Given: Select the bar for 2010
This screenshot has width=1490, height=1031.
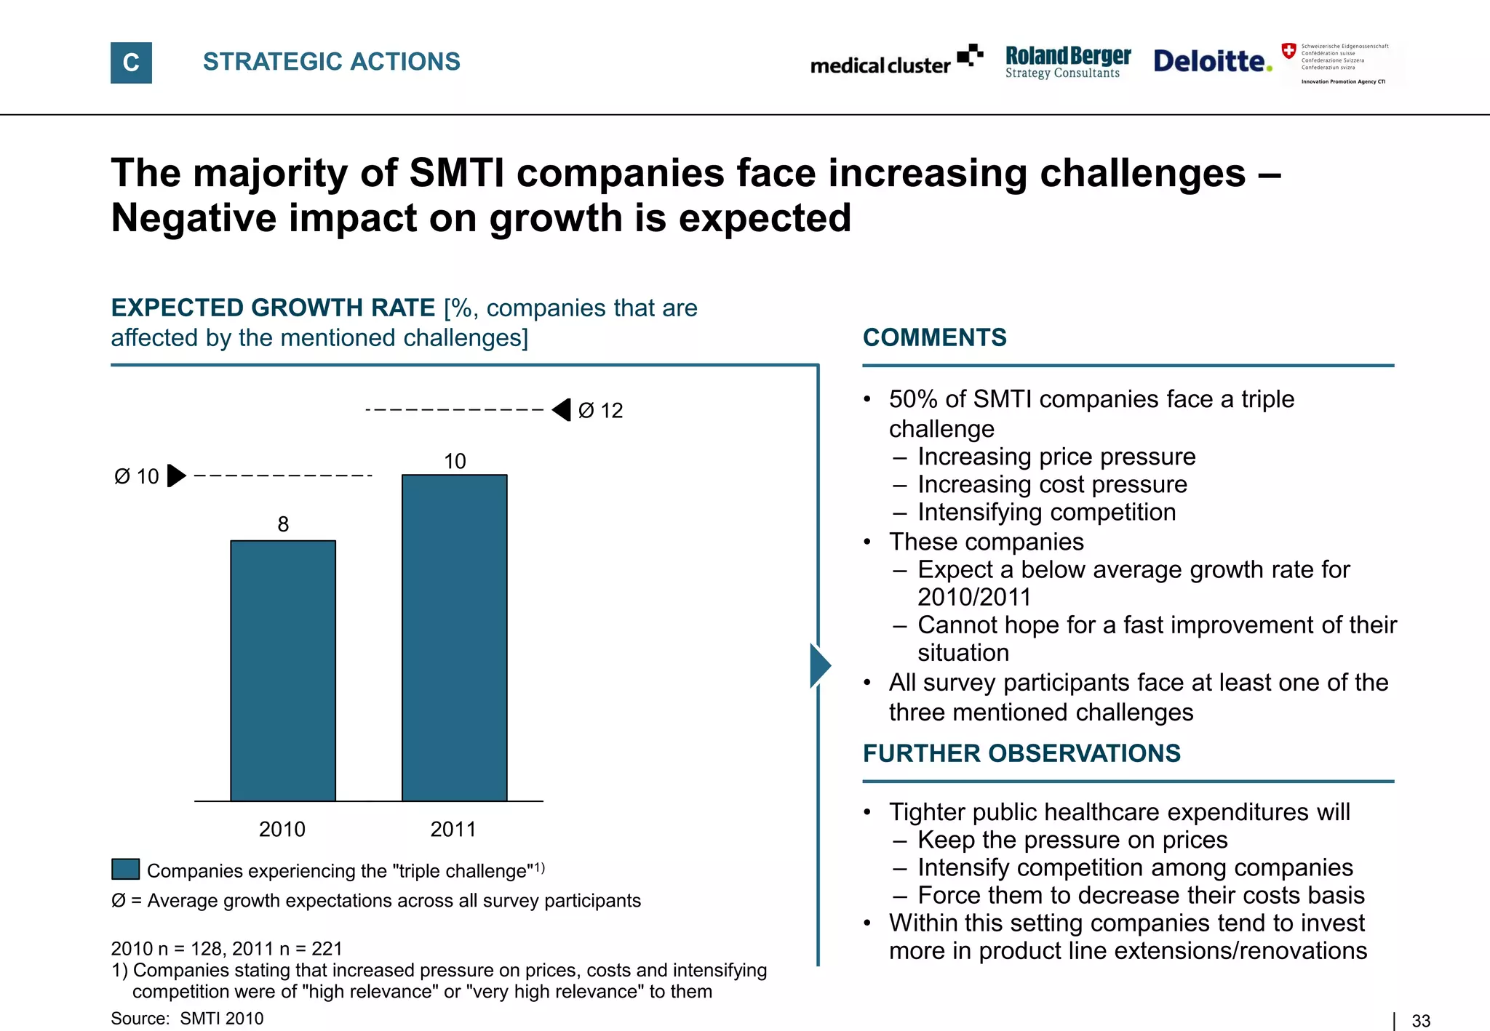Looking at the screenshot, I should pyautogui.click(x=283, y=670).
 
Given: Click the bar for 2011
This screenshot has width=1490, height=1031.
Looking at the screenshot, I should pyautogui.click(x=454, y=638).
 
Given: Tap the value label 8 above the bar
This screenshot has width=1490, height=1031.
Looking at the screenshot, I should pyautogui.click(x=283, y=524).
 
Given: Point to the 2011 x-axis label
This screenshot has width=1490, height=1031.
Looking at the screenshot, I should pyautogui.click(x=453, y=829).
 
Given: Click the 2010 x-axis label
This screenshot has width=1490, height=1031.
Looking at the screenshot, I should pyautogui.click(x=282, y=829).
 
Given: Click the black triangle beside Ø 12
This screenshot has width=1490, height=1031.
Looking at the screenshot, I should pyautogui.click(x=562, y=410).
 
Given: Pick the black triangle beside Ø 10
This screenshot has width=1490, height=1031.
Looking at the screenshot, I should pyautogui.click(x=176, y=476).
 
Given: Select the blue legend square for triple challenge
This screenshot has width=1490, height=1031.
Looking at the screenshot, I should pyautogui.click(x=125, y=870).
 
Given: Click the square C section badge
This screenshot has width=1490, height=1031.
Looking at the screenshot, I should pyautogui.click(x=131, y=63).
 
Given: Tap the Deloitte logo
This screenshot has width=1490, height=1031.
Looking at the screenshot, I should pyautogui.click(x=1213, y=61).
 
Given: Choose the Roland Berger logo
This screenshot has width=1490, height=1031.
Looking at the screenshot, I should pyautogui.click(x=1067, y=62).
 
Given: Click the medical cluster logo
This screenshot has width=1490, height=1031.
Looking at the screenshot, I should pyautogui.click(x=896, y=61).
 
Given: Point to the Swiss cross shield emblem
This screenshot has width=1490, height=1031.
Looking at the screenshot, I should pyautogui.click(x=1288, y=51).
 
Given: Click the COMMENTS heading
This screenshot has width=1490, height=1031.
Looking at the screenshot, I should pyautogui.click(x=934, y=337).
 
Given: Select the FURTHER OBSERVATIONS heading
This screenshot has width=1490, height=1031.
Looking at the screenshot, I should pyautogui.click(x=1021, y=753).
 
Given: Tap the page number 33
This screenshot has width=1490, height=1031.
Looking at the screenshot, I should pyautogui.click(x=1420, y=1021).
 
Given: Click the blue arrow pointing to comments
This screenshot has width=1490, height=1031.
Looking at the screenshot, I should pyautogui.click(x=820, y=665).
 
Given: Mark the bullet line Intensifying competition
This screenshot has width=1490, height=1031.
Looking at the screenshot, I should pyautogui.click(x=1046, y=512).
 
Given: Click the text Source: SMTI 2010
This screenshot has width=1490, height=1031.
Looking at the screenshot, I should pyautogui.click(x=187, y=1018).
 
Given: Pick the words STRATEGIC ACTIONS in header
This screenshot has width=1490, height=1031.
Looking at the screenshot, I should pyautogui.click(x=331, y=62).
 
